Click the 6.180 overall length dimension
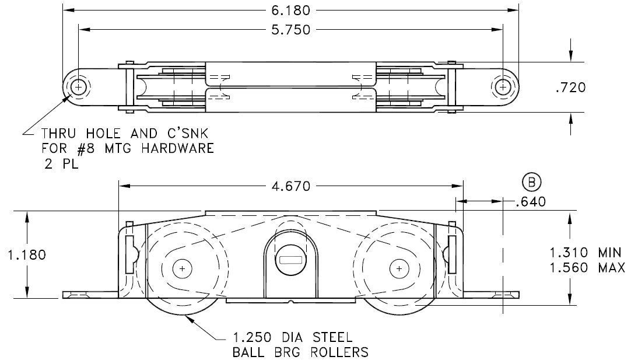click(x=291, y=11)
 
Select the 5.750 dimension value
click(x=291, y=30)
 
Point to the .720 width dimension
click(x=570, y=88)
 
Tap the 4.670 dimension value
click(x=291, y=186)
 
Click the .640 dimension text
click(x=531, y=201)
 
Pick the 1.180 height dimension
click(x=27, y=255)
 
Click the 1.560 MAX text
click(x=587, y=268)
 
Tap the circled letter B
click(x=532, y=183)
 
